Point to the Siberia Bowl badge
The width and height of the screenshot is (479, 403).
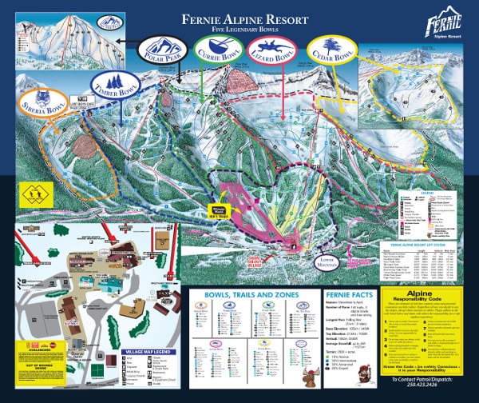coord(38,103)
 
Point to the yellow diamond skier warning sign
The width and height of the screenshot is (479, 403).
coord(37,194)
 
